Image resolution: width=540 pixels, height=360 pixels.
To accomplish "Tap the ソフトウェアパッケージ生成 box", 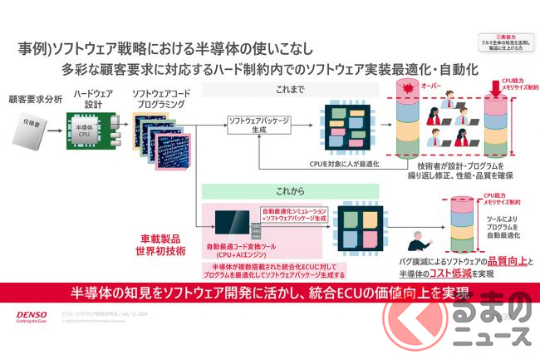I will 259,126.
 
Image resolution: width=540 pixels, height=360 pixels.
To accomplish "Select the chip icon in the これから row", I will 361,228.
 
